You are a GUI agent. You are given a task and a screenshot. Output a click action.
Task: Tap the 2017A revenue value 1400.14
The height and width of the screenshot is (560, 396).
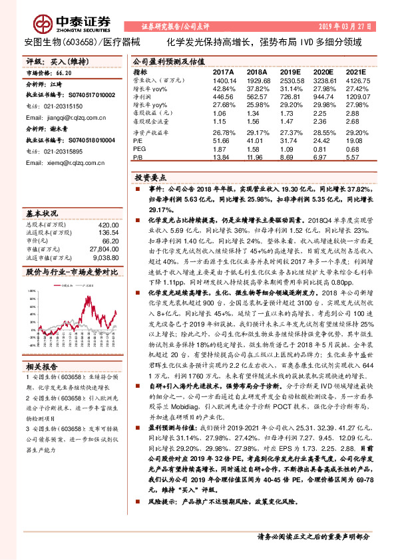[224, 79]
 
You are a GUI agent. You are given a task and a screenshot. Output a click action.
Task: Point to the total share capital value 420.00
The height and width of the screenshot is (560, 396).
[108, 225]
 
